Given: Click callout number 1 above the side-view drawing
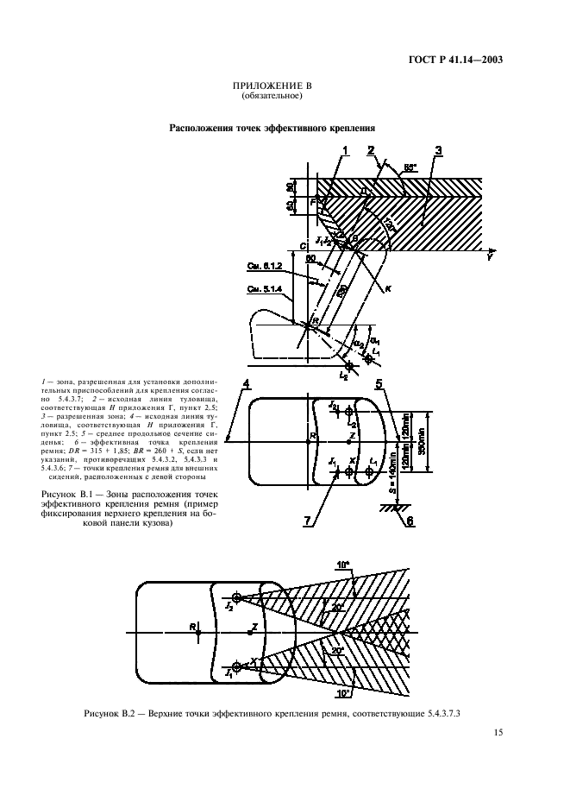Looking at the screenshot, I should pos(344,151).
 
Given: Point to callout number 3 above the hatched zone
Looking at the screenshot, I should pos(439,152).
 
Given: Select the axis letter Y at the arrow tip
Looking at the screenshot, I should pos(490,256).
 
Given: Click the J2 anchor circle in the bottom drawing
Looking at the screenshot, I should pos(236,597).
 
